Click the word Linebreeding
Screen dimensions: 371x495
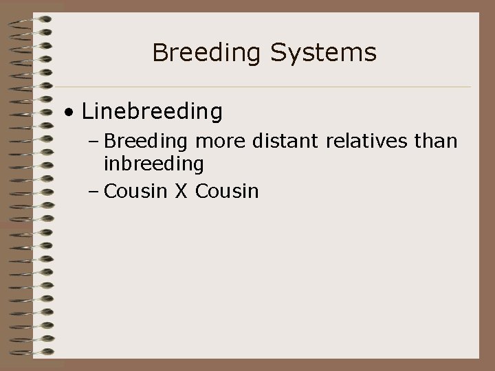click(152, 111)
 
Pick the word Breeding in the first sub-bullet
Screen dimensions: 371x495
click(147, 141)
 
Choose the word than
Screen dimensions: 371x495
click(437, 141)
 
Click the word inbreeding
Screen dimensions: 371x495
click(153, 164)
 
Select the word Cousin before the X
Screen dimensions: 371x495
click(135, 190)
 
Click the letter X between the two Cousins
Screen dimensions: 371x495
click(180, 190)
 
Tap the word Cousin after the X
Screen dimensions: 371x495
click(227, 190)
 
